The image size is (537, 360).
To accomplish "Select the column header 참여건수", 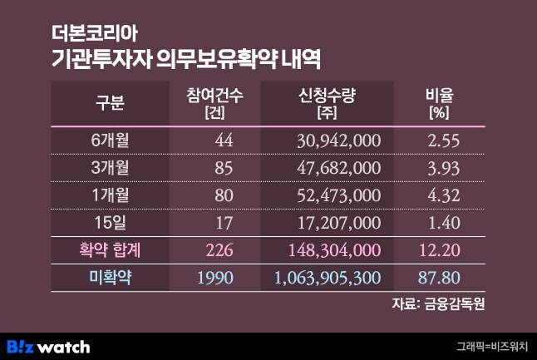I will [x=214, y=96].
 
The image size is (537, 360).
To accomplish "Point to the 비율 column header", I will [x=437, y=96].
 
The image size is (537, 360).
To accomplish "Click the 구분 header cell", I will [x=109, y=104].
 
